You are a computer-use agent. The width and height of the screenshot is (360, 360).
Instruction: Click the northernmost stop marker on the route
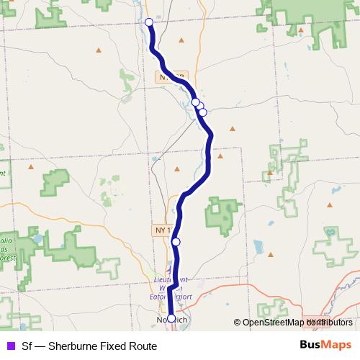(x=149, y=22)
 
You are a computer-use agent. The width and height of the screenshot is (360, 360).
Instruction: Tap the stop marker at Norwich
(x=171, y=318)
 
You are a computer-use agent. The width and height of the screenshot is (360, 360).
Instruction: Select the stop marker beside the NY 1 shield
(x=176, y=242)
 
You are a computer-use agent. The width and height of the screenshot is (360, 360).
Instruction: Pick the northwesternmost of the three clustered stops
(x=195, y=102)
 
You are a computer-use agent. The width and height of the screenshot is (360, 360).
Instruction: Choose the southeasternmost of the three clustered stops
(x=203, y=112)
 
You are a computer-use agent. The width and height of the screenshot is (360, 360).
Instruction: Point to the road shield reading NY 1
(x=162, y=230)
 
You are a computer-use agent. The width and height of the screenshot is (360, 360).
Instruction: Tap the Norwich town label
(x=171, y=320)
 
